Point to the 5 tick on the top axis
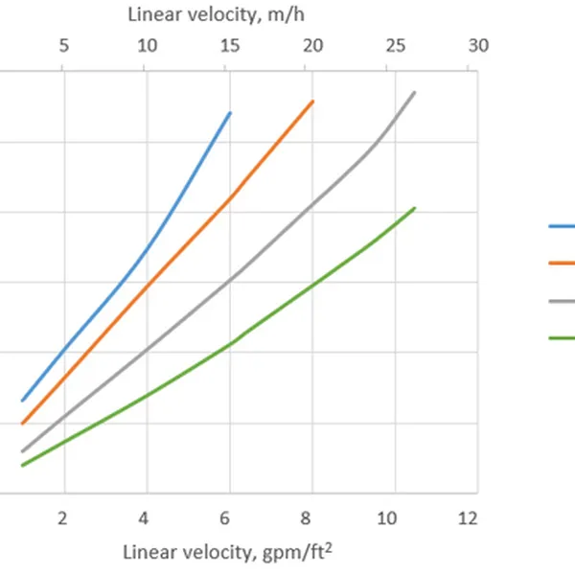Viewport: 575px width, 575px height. coord(63,46)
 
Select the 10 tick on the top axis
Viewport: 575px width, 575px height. coord(146,46)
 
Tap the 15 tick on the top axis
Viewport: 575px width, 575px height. coord(229,46)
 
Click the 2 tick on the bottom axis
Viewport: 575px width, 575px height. coord(63,517)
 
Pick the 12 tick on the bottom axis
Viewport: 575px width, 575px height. coord(468,517)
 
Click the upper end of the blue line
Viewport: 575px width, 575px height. coord(230,113)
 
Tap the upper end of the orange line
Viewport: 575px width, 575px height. coord(312,101)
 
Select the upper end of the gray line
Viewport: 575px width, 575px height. coord(414,92)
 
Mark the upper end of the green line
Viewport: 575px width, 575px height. coord(414,207)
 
